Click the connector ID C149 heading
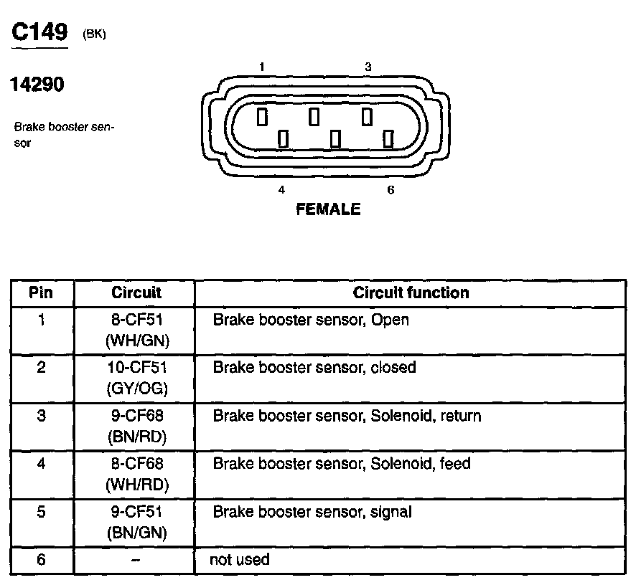click(40, 32)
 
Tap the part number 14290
click(37, 85)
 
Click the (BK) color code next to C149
click(94, 34)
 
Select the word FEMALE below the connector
click(328, 210)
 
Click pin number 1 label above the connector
click(263, 67)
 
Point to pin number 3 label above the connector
click(368, 67)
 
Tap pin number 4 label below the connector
click(281, 190)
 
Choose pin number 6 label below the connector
click(391, 190)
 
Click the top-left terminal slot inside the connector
click(262, 116)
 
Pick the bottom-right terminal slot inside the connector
click(389, 138)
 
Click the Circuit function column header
click(411, 292)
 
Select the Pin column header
click(41, 292)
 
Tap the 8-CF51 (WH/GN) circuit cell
click(136, 330)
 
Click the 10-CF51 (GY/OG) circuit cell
click(136, 378)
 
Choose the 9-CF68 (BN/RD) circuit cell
click(136, 426)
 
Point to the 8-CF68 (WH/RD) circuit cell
click(136, 474)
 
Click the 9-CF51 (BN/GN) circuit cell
click(136, 522)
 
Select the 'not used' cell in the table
click(240, 559)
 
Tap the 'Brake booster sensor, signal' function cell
click(312, 512)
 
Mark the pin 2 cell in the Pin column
click(41, 368)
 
